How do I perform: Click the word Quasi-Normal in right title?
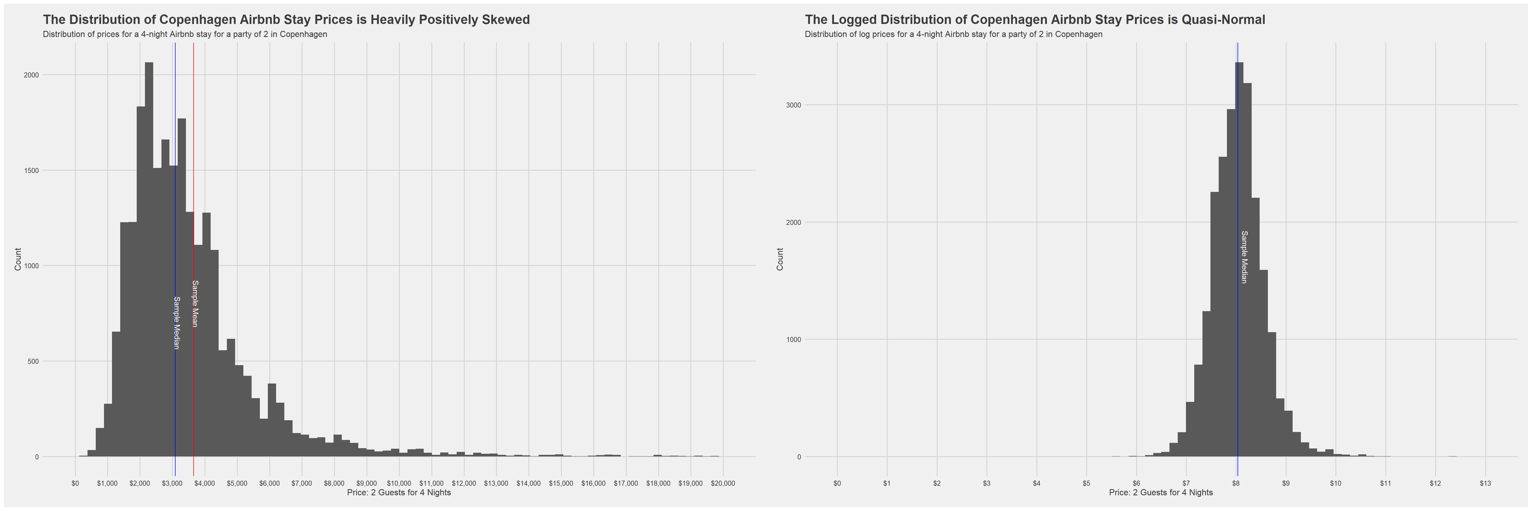click(1223, 20)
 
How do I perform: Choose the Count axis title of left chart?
click(18, 259)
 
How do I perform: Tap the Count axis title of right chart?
click(780, 259)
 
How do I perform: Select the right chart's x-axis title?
click(1161, 493)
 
